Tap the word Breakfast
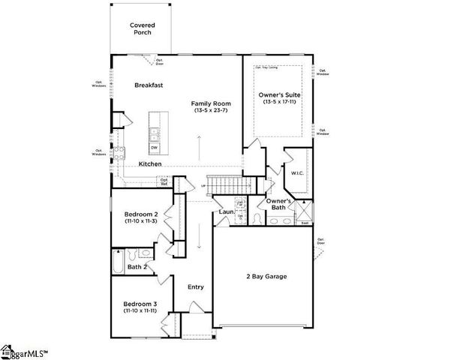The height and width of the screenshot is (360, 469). pos(149,85)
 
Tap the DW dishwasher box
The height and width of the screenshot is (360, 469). pos(154,148)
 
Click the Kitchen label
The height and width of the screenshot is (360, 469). pos(150,164)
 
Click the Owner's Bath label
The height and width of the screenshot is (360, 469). pos(279,205)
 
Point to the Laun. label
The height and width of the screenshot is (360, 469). pos(227,212)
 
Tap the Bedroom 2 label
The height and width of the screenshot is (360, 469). pos(140,214)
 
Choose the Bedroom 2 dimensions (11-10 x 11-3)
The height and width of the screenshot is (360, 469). pos(140,221)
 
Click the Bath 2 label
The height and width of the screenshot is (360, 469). pos(137,267)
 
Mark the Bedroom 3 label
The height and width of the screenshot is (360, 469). pos(140,303)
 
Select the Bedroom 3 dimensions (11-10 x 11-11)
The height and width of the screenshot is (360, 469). pos(140,310)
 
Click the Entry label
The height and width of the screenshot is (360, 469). pos(195,286)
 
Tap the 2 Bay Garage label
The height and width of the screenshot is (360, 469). pos(266,276)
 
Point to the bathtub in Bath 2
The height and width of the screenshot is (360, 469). pos(118,262)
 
